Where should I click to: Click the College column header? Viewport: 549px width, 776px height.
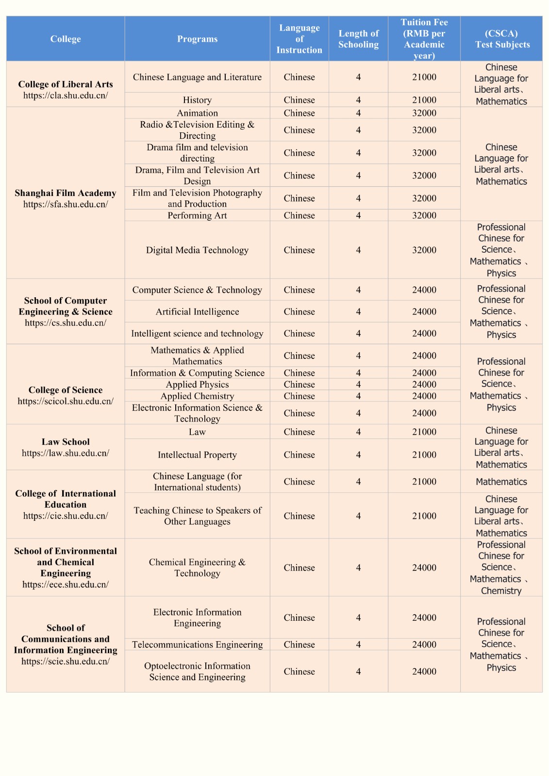click(x=66, y=39)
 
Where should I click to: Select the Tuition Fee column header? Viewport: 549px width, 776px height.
click(x=424, y=39)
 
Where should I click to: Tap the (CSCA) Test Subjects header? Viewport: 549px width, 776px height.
click(x=501, y=39)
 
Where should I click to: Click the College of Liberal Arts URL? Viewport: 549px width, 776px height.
click(x=66, y=96)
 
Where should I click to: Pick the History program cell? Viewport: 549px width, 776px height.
click(x=197, y=100)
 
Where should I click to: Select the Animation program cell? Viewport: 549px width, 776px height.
click(x=197, y=113)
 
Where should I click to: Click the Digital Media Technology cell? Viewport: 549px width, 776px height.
click(x=197, y=250)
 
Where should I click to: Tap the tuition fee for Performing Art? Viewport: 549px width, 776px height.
click(x=424, y=215)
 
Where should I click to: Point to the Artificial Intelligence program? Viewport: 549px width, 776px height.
click(x=197, y=311)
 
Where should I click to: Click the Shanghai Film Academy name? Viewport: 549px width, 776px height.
click(x=66, y=193)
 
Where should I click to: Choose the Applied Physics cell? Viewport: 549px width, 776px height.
click(x=197, y=384)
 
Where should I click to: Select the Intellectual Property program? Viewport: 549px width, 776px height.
click(x=197, y=454)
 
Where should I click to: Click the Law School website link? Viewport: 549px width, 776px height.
click(x=66, y=453)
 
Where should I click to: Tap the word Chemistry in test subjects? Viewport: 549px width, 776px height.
click(x=501, y=591)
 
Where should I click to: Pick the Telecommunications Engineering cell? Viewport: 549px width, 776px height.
click(x=197, y=645)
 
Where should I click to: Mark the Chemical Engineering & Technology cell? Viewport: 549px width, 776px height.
click(x=197, y=567)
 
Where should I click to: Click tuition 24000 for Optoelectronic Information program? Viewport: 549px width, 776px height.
click(x=424, y=671)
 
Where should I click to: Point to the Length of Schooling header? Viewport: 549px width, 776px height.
click(x=358, y=39)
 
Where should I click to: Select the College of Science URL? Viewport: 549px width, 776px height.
click(x=66, y=401)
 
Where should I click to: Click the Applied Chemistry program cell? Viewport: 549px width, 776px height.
click(x=197, y=396)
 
